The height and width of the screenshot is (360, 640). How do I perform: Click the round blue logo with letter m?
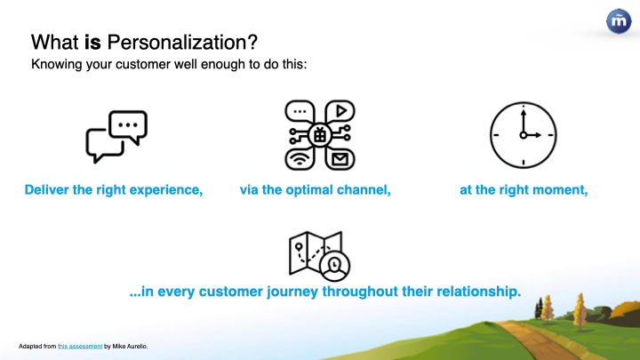tap(619, 20)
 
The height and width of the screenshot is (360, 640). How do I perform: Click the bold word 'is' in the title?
tap(92, 43)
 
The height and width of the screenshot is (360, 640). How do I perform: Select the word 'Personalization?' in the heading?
tap(182, 43)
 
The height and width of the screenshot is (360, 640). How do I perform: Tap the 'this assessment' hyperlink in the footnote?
tap(80, 346)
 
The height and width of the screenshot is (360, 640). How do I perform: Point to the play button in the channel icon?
tap(340, 110)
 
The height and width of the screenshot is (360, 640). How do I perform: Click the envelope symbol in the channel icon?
tap(340, 159)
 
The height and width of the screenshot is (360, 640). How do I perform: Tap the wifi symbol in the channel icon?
tap(300, 159)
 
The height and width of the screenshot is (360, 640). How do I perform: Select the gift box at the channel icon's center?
tap(320, 135)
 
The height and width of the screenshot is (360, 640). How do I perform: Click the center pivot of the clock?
tap(524, 135)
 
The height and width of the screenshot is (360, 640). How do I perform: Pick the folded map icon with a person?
tap(319, 256)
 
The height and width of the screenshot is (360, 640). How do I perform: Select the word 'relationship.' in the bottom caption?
tap(479, 292)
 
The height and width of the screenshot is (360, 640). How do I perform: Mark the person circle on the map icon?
tap(335, 266)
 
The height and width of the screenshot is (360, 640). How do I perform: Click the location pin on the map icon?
tap(299, 247)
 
